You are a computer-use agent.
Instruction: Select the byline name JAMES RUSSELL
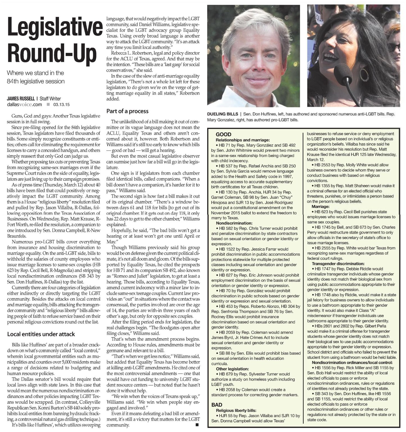coord(21,99)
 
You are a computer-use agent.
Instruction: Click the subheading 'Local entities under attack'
coord(41,334)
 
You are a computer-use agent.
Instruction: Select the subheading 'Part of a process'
coord(127,111)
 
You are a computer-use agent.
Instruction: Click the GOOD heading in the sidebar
coord(223,134)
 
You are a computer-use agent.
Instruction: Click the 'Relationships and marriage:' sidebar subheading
coord(243,140)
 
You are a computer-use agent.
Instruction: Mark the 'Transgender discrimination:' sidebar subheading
coord(338,263)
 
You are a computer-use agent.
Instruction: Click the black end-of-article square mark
coord(197,424)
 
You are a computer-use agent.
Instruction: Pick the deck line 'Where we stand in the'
coord(35,73)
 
